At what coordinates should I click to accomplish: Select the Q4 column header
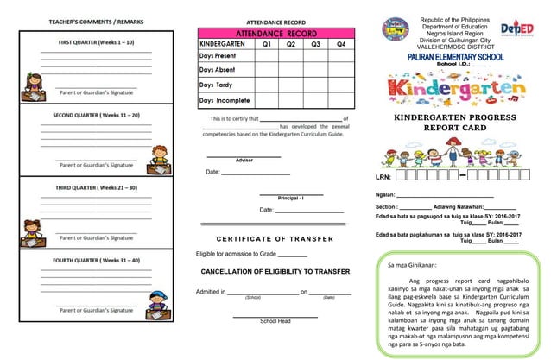click(342, 43)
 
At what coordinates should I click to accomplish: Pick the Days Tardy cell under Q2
click(291, 85)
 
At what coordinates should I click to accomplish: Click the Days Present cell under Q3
click(316, 56)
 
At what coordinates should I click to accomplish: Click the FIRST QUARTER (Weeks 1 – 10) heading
click(96, 41)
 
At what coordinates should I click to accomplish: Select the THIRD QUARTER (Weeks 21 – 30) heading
click(96, 186)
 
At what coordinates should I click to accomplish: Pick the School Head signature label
click(275, 321)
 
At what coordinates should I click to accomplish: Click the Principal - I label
click(291, 199)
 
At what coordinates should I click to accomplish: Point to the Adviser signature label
click(244, 161)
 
